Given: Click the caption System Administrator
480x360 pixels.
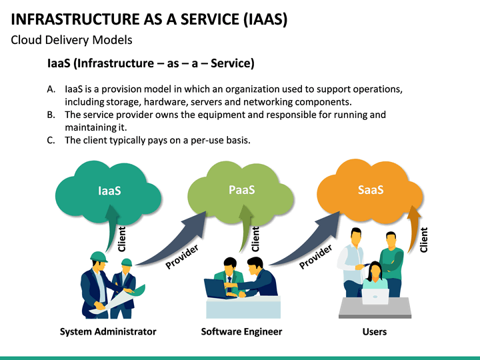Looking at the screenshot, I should pyautogui.click(x=108, y=331).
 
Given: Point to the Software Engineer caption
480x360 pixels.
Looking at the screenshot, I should pyautogui.click(x=241, y=331).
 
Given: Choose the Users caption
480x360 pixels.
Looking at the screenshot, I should pyautogui.click(x=374, y=331).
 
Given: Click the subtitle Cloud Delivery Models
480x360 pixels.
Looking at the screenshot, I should pyautogui.click(x=71, y=40).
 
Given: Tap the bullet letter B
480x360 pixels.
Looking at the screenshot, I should pyautogui.click(x=51, y=115).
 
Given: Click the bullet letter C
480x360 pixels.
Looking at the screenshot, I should pyautogui.click(x=51, y=140).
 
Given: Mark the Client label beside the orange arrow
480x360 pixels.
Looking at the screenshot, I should pyautogui.click(x=424, y=240).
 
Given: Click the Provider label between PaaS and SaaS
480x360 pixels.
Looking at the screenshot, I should pyautogui.click(x=315, y=257).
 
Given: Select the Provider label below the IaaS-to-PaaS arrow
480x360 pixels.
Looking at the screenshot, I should pyautogui.click(x=182, y=257).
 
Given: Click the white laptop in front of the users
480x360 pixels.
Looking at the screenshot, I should pyautogui.click(x=375, y=296).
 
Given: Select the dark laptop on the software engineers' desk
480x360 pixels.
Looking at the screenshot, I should pyautogui.click(x=215, y=289).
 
